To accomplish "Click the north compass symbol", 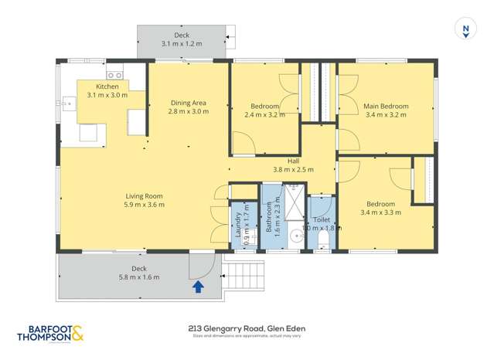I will click(465, 29).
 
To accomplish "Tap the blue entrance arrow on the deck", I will click(198, 287).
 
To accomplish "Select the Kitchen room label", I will click(107, 87).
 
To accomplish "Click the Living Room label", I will click(143, 195).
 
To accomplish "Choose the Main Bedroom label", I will click(386, 106).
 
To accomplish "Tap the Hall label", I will click(293, 161).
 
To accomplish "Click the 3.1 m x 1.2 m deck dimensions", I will click(182, 44).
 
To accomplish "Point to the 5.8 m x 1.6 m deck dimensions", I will click(139, 277).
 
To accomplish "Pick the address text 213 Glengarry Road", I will click(247, 328).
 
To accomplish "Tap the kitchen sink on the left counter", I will click(67, 100).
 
